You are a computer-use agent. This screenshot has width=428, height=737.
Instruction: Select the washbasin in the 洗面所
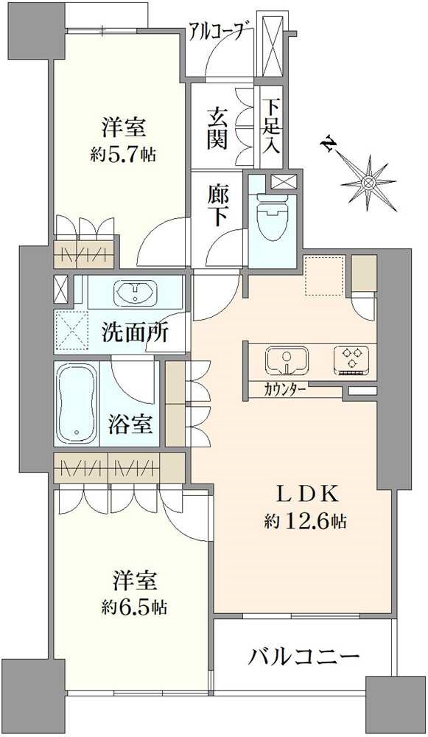[x=136, y=292]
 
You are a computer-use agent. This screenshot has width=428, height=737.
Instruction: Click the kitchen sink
[x=287, y=360]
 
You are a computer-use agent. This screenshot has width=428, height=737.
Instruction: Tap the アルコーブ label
[x=217, y=32]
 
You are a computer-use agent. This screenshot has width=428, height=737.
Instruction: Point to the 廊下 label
[x=219, y=205]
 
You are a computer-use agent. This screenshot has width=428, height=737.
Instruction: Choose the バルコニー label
[x=304, y=656]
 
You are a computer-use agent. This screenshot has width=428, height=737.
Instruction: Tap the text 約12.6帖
[x=306, y=521]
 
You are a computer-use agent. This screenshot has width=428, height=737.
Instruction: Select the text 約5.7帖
[x=123, y=154]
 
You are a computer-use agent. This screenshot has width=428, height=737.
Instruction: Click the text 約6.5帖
[x=134, y=607]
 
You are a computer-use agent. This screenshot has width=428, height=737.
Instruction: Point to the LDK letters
[x=306, y=495]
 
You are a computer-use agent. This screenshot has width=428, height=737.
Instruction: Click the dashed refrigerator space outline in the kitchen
[x=325, y=276]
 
